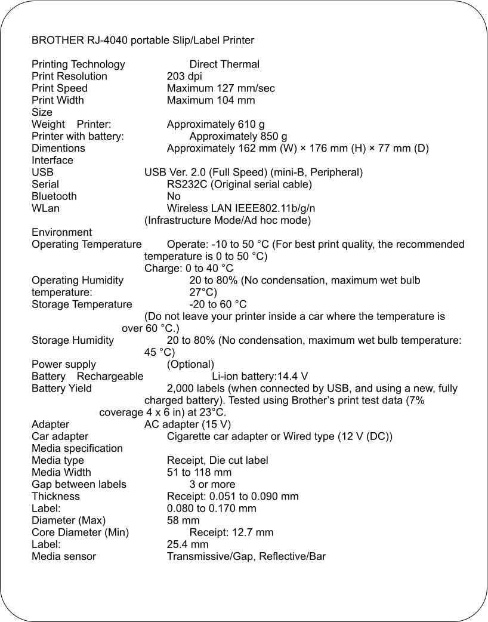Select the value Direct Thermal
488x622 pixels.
224,64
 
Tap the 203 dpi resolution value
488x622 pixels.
184,76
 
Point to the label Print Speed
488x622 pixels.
60,88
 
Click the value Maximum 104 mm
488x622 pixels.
211,100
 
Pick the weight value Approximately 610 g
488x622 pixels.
215,124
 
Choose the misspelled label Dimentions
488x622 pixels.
58,148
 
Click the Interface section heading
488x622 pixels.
52,160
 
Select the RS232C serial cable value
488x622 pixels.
239,184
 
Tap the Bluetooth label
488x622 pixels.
54,196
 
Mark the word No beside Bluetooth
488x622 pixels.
174,196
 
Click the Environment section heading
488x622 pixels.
61,232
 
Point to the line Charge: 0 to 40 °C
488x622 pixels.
189,268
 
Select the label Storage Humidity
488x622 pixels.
73,340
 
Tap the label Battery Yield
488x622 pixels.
61,389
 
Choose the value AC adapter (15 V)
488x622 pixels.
187,424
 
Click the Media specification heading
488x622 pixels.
77,448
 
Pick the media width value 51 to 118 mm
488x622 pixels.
199,472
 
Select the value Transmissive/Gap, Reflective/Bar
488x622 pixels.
246,556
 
